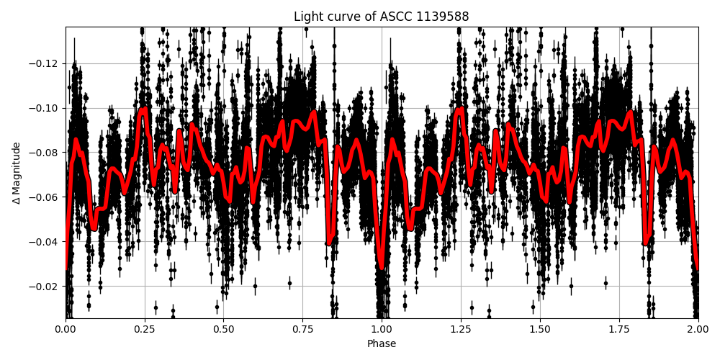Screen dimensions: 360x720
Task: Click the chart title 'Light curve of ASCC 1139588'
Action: coord(381,17)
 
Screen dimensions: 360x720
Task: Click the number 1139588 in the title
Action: coord(443,17)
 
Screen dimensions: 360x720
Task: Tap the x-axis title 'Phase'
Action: coord(382,343)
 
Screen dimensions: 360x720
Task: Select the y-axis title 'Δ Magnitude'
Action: coord(16,173)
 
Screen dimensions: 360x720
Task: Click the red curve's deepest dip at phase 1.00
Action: coord(382,267)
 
